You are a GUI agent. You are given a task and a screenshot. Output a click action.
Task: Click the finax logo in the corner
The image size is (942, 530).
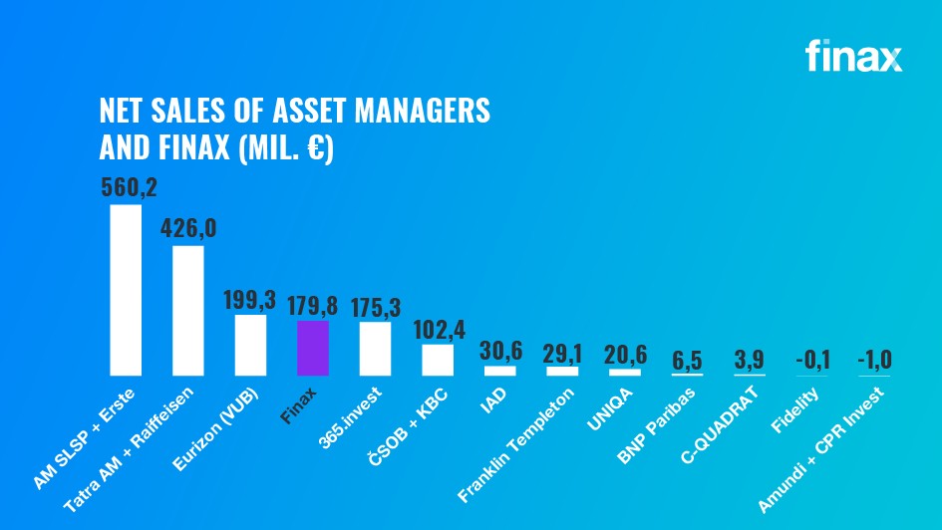pyautogui.click(x=853, y=57)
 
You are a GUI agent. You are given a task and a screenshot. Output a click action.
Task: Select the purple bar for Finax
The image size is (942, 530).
pyautogui.click(x=313, y=348)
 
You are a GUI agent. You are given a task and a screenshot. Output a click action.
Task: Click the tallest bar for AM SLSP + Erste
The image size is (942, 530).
pyautogui.click(x=126, y=290)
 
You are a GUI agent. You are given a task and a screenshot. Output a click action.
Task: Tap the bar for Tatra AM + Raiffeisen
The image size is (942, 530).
pyautogui.click(x=188, y=310)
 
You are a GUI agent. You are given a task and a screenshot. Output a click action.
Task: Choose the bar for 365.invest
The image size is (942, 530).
pyautogui.click(x=375, y=348)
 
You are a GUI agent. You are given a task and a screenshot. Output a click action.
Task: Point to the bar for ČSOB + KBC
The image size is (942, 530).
pyautogui.click(x=438, y=359)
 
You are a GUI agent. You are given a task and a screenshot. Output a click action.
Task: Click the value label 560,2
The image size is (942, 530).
pyautogui.click(x=130, y=187)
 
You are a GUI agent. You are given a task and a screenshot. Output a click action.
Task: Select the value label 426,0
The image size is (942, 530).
pyautogui.click(x=188, y=228)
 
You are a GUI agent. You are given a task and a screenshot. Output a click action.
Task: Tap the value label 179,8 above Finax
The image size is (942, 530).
pyautogui.click(x=313, y=305)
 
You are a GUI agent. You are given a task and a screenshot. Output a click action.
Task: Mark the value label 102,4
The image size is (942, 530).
pyautogui.click(x=438, y=328)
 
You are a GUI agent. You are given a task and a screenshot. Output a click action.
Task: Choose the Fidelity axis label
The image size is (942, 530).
pyautogui.click(x=795, y=408)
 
